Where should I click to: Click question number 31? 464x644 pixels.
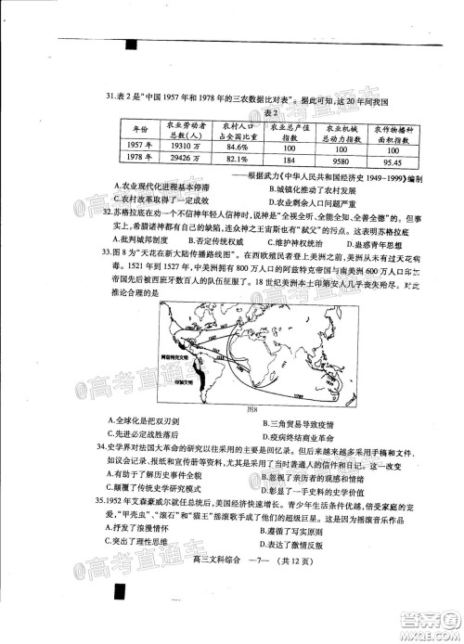click(x=110, y=95)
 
